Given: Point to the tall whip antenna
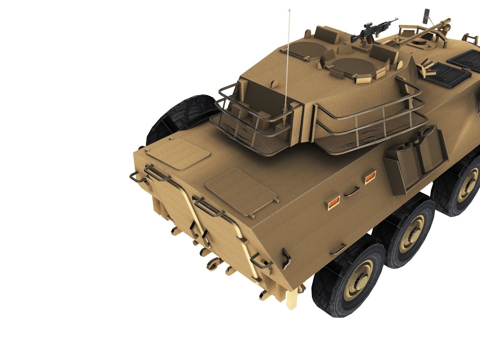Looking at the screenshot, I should (287, 62).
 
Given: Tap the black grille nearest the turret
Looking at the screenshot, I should (449, 74).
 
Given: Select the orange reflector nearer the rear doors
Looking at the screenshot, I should (333, 203).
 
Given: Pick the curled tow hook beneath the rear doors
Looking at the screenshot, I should (213, 264).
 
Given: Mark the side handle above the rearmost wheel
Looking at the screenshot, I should (338, 249).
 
